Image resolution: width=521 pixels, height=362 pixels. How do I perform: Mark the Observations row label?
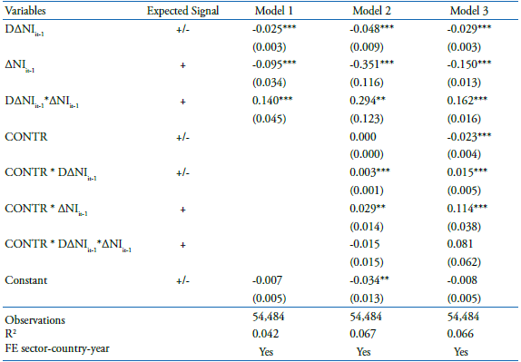point(35,320)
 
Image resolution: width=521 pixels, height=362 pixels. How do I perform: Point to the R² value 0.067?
point(365,334)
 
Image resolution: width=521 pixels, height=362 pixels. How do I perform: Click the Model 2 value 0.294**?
point(369,103)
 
